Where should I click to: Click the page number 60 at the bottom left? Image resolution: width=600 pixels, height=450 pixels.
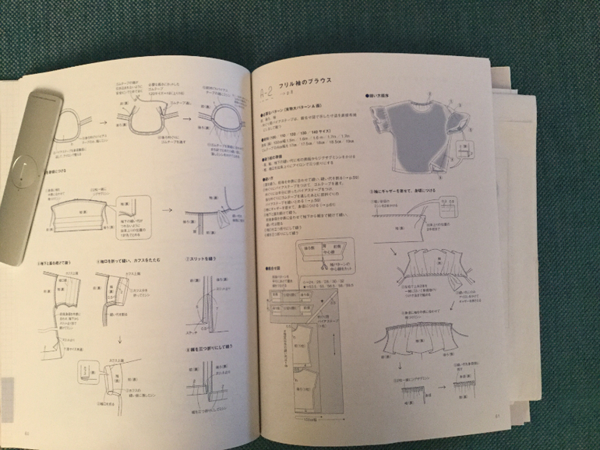tap(28, 434)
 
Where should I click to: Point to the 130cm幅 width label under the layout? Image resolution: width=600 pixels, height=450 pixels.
tap(311, 416)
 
